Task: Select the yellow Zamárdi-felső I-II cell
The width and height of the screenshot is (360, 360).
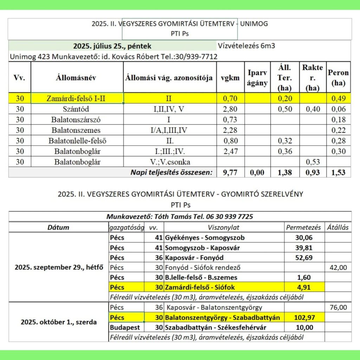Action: click(x=77, y=99)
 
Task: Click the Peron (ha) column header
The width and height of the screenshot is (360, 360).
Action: click(x=338, y=78)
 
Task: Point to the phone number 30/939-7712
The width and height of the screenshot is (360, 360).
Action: click(x=199, y=57)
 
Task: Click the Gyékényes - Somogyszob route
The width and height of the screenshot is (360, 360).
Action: click(x=205, y=238)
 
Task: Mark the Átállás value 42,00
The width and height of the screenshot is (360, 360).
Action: click(x=338, y=268)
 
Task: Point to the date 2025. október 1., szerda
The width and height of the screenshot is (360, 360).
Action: click(x=58, y=322)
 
